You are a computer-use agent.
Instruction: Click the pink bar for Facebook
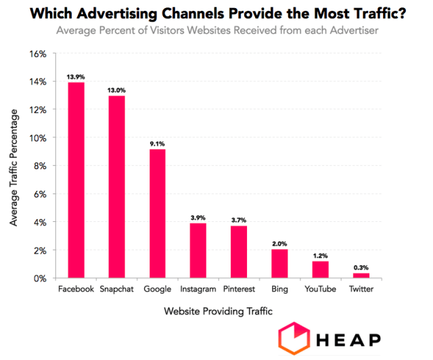(x=75, y=180)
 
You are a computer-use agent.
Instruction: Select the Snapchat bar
(x=116, y=187)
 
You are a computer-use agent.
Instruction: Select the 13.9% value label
(x=75, y=77)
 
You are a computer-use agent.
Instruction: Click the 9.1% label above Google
(x=157, y=143)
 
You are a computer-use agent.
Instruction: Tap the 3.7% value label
(x=239, y=220)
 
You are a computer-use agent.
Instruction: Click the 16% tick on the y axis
(x=37, y=53)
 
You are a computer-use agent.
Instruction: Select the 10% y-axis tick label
(x=37, y=138)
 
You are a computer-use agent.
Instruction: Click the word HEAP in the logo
(x=350, y=339)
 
